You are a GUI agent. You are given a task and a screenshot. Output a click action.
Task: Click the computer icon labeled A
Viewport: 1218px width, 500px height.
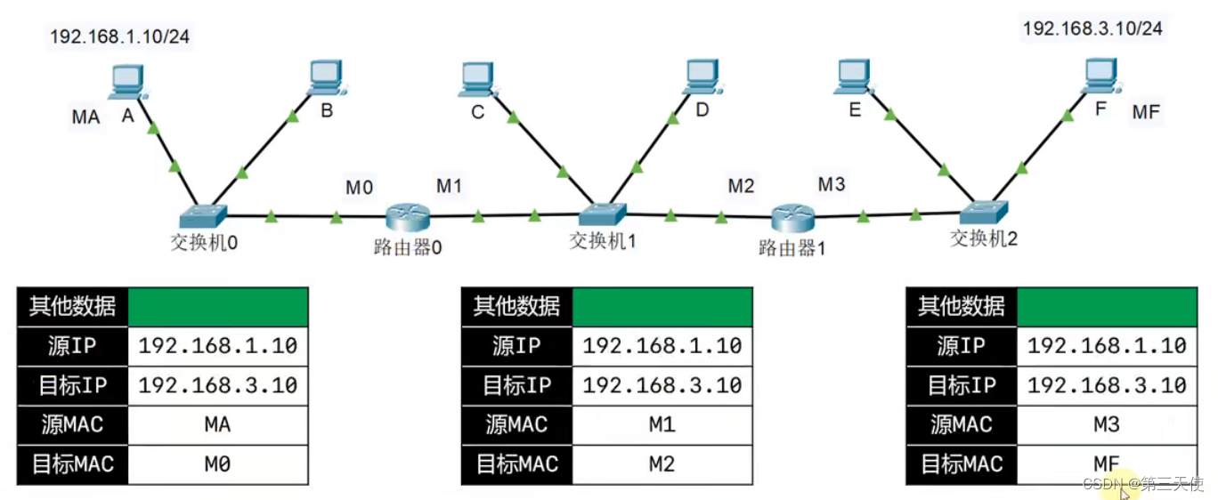126,82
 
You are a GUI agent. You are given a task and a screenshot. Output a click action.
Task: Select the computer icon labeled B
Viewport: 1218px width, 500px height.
327,78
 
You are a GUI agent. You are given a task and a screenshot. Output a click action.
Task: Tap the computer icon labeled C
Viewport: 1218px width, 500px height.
479,79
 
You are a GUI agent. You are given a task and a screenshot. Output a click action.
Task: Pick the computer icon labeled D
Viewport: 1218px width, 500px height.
703,78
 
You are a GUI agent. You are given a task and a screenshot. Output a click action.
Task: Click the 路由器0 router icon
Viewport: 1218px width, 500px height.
409,216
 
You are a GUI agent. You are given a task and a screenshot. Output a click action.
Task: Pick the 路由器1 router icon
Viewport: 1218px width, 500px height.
792,216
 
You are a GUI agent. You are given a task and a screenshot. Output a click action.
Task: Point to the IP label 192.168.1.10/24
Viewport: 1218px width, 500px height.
120,36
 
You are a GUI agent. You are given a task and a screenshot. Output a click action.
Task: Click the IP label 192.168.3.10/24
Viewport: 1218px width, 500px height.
1092,28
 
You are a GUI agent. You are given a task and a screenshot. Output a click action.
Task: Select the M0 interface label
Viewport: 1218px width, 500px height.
360,188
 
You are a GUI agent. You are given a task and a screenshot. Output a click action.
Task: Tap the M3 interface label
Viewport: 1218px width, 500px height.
832,184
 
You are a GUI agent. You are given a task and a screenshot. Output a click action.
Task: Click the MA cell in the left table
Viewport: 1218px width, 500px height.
217,424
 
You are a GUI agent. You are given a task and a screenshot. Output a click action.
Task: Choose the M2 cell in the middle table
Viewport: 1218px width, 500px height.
662,464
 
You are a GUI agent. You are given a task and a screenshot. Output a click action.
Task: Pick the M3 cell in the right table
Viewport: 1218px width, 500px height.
1106,424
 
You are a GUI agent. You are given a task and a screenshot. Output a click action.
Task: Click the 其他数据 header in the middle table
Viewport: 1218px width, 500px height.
516,307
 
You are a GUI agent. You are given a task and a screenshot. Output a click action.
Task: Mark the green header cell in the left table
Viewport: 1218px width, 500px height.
218,307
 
